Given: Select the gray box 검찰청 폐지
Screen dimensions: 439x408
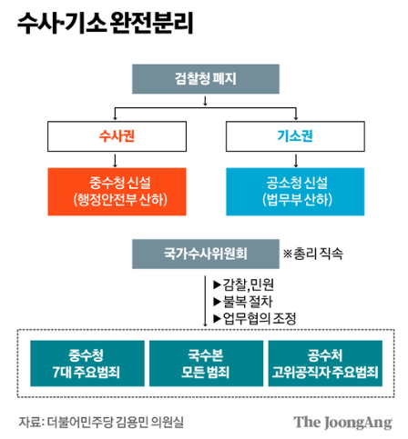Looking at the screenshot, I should click(x=204, y=79).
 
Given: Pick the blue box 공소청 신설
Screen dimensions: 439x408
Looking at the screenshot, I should click(x=293, y=188).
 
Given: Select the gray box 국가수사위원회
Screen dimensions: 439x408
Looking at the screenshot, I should click(x=204, y=252).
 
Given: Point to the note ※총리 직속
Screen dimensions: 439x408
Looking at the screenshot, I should click(x=313, y=252).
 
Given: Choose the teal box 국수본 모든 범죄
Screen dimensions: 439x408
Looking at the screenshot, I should click(x=204, y=362).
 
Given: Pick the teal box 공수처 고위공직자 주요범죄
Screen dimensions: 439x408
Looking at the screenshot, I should click(x=324, y=362).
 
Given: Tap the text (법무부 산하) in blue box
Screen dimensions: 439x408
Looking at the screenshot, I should click(x=293, y=197).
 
